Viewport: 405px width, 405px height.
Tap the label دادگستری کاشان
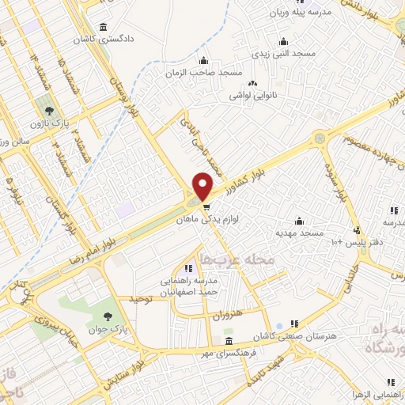coord(104,38)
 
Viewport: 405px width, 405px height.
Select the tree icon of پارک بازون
coord(50,111)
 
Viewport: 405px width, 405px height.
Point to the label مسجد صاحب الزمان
coord(203,73)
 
